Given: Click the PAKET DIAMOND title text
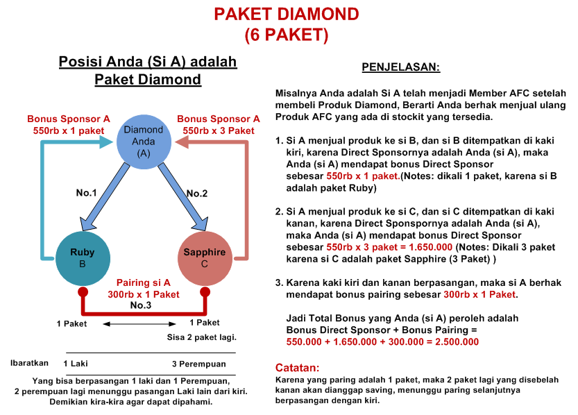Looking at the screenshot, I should point(286,14).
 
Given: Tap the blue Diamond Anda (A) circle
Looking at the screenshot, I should point(143,142).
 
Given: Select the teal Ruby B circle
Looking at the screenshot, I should point(83,257).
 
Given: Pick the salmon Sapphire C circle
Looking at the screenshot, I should point(204,257).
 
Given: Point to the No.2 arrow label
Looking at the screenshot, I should point(197,193).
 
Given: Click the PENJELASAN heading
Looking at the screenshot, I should point(400,68).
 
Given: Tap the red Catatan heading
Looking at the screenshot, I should point(297,367).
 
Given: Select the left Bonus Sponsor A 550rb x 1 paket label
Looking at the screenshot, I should point(68,124).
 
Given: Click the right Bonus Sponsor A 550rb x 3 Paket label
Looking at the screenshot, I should point(219,124).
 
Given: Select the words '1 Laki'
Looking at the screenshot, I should point(76,364).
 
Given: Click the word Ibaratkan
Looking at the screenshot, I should point(29,362).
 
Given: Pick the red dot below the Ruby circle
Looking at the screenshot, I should point(83,291).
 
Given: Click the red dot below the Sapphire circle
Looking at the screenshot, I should point(205,291).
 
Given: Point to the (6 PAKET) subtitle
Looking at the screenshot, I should point(286,33).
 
